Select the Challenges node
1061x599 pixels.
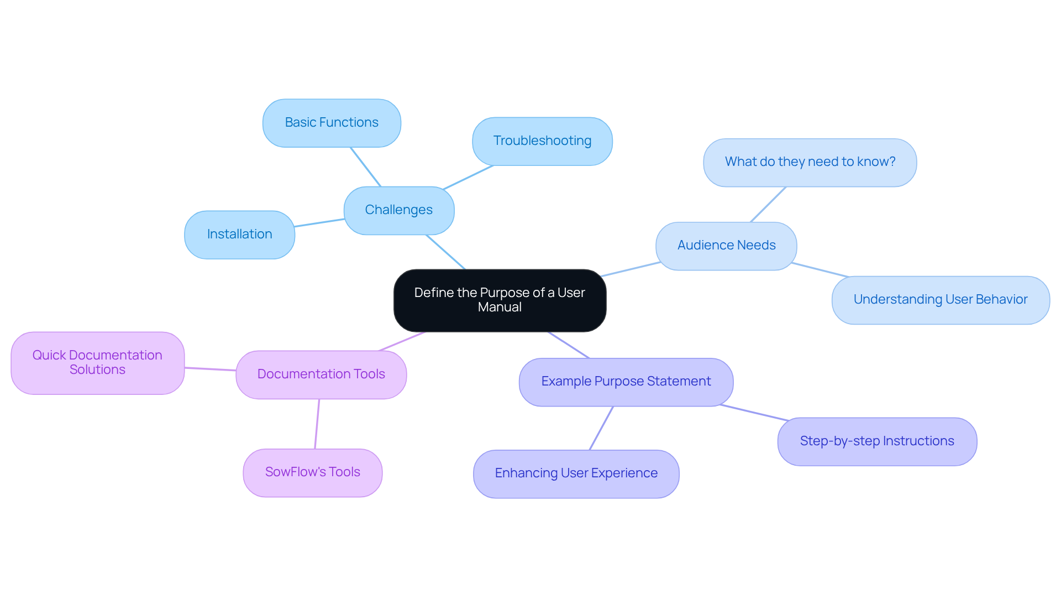tap(398, 210)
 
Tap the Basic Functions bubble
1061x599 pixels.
tap(332, 123)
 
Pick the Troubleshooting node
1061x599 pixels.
tap(542, 141)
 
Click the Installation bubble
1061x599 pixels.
tap(239, 235)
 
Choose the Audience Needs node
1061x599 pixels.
tap(726, 246)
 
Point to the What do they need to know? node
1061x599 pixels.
tap(810, 162)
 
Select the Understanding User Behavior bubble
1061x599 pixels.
tap(940, 300)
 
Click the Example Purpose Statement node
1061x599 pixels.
tap(626, 382)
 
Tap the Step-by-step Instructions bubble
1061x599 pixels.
tap(876, 441)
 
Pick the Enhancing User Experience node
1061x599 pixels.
tap(576, 473)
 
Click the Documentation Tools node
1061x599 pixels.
tap(321, 374)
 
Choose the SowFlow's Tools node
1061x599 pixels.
tap(312, 472)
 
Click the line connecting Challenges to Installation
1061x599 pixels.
tap(319, 223)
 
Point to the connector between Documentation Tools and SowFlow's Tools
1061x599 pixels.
tap(317, 424)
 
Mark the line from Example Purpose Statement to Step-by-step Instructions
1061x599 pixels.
tap(754, 413)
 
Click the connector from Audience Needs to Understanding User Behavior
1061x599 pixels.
tap(820, 269)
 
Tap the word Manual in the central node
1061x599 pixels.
tap(500, 308)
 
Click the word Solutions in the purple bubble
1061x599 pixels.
tap(97, 370)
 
